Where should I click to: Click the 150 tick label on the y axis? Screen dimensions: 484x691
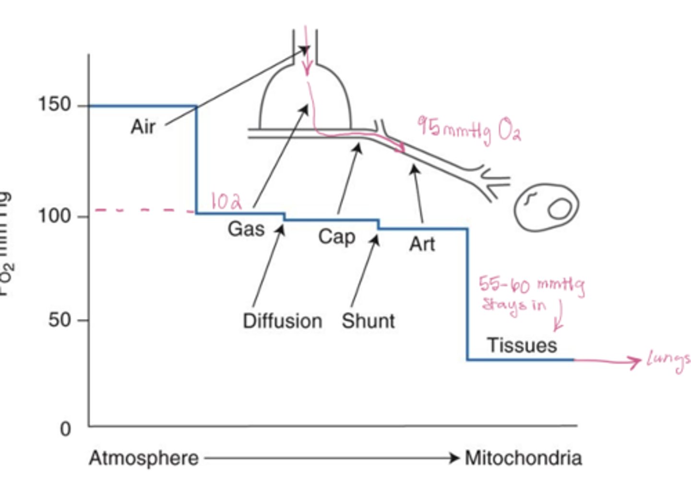tap(54, 104)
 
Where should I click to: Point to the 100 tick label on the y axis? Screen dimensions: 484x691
tap(54, 216)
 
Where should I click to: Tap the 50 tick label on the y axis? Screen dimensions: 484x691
tap(60, 319)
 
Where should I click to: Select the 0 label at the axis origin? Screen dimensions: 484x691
tap(65, 429)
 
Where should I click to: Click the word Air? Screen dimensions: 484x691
tap(143, 127)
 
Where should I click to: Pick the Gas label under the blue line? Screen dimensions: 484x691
tap(246, 229)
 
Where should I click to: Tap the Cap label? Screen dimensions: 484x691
tap(336, 237)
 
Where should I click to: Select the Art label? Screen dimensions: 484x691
tap(422, 244)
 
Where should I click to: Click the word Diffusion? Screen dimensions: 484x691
tap(282, 321)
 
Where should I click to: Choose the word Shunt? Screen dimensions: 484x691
tap(368, 321)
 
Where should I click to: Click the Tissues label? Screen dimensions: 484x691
tap(522, 345)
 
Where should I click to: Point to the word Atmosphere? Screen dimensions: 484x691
tap(143, 458)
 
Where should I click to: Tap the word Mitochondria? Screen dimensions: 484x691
tap(523, 458)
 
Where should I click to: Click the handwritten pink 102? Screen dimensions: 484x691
tap(226, 201)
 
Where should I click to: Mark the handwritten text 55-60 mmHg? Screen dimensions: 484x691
tap(532, 285)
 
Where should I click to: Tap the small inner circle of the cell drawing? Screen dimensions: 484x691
tap(560, 209)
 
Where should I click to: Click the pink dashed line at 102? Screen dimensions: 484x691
tap(144, 210)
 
